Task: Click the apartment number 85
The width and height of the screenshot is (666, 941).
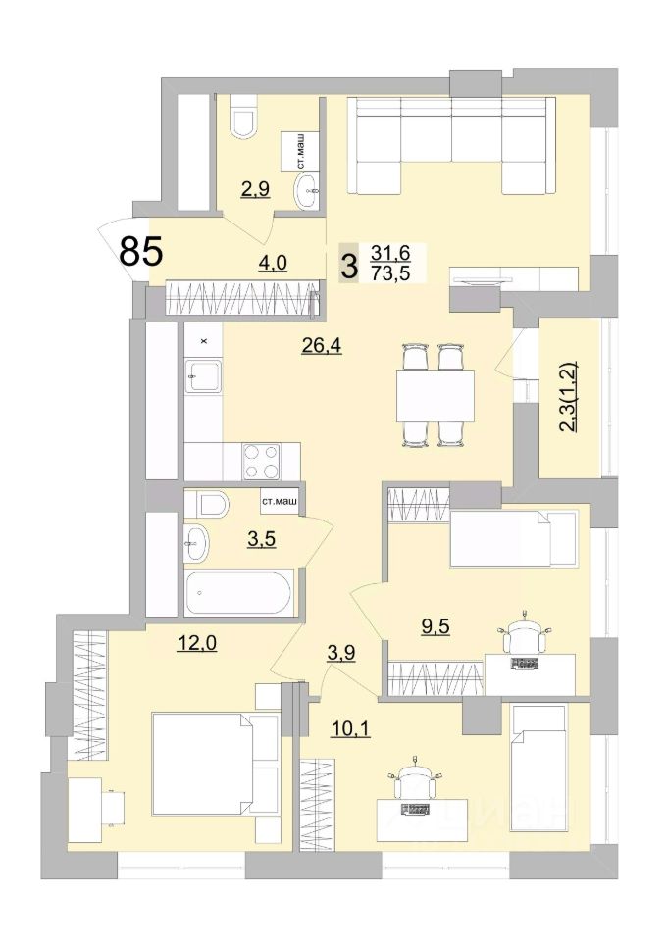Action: [x=141, y=251]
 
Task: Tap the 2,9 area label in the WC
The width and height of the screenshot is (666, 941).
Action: [x=255, y=189]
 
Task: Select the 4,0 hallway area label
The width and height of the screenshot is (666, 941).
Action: [x=274, y=263]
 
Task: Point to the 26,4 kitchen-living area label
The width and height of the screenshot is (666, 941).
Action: [x=322, y=346]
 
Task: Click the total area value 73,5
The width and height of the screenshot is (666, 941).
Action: [x=390, y=273]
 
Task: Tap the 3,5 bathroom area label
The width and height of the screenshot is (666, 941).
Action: [x=261, y=539]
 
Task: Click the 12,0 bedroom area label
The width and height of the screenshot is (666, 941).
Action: [x=196, y=643]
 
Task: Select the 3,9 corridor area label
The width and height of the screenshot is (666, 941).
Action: [x=340, y=653]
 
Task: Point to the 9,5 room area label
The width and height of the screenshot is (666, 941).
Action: [x=436, y=626]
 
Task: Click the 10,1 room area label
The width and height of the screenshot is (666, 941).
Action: [x=351, y=729]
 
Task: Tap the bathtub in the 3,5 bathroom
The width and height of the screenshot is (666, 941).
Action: [x=240, y=592]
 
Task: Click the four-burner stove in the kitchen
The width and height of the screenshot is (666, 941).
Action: [x=262, y=461]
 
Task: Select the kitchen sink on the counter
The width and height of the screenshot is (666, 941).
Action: [x=203, y=375]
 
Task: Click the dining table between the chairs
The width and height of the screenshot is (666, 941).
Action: [x=435, y=396]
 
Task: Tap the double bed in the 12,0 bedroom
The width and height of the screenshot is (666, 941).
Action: [x=215, y=764]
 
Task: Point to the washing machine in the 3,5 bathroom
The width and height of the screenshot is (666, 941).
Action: [x=280, y=503]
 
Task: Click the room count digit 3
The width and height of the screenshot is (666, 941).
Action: [x=348, y=265]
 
